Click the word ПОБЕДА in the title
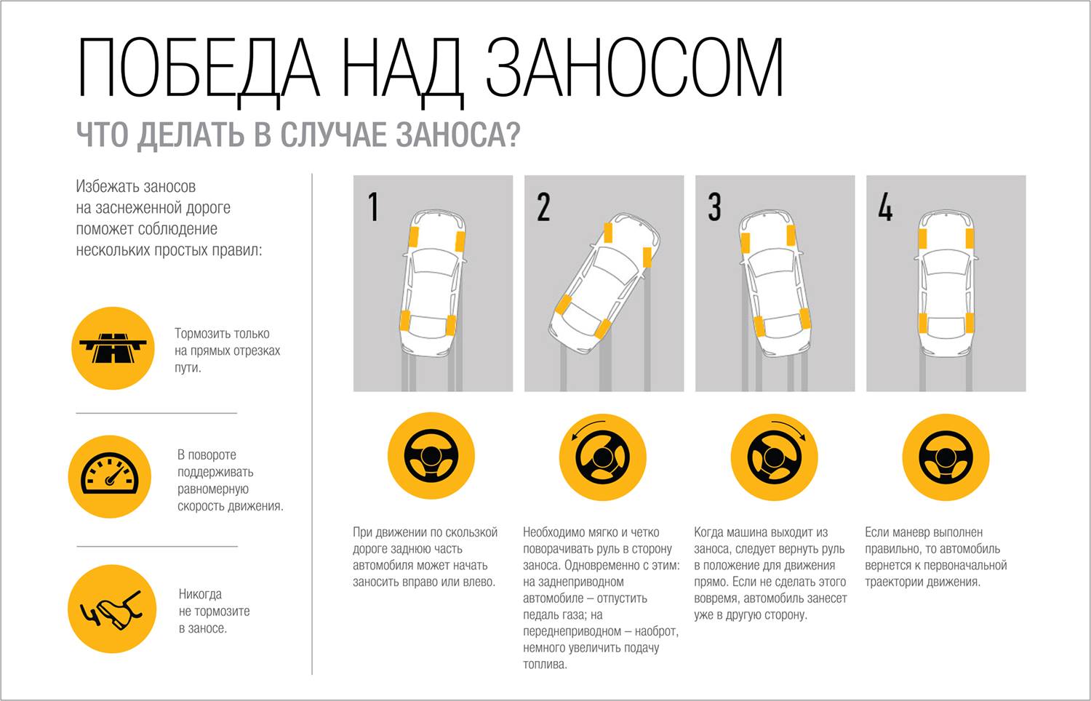click(199, 68)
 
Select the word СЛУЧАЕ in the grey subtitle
click(333, 135)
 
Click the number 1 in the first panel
click(374, 207)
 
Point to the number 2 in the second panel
click(543, 207)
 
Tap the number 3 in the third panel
click(714, 207)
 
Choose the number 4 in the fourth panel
click(885, 207)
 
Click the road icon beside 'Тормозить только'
click(113, 348)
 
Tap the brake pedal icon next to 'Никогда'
click(112, 609)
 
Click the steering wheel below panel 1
click(431, 456)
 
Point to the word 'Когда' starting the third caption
click(708, 532)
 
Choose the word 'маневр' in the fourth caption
click(914, 532)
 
